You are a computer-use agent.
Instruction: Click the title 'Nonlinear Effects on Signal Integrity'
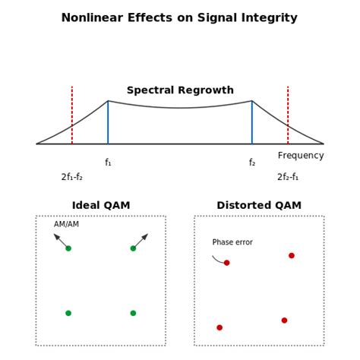pos(180,17)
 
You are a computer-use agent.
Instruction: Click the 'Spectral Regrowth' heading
pos(180,90)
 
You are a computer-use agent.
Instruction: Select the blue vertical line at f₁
pos(108,123)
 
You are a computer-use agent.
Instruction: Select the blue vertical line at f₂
pos(252,123)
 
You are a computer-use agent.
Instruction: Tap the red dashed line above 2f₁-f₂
pos(72,114)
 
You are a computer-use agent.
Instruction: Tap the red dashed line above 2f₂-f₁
pos(288,114)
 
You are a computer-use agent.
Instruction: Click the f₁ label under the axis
pos(108,163)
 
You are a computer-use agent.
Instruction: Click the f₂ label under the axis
pos(252,163)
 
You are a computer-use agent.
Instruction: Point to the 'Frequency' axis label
pos(301,156)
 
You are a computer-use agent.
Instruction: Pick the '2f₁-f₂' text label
pos(72,177)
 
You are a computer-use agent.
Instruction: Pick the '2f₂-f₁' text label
pos(288,177)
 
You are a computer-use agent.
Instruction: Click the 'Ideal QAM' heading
pos(101,205)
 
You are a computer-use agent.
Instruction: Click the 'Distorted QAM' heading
pos(259,205)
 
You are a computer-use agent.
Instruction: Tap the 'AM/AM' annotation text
pos(66,224)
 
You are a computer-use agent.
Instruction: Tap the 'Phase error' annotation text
pos(232,242)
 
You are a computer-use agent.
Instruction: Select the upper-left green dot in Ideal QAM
pos(68,248)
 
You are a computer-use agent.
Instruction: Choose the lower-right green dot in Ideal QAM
pos(133,313)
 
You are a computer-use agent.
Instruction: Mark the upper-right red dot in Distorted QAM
pos(292,255)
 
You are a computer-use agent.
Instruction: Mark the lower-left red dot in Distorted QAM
pos(219,327)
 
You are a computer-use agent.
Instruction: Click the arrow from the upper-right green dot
pos(141,241)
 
